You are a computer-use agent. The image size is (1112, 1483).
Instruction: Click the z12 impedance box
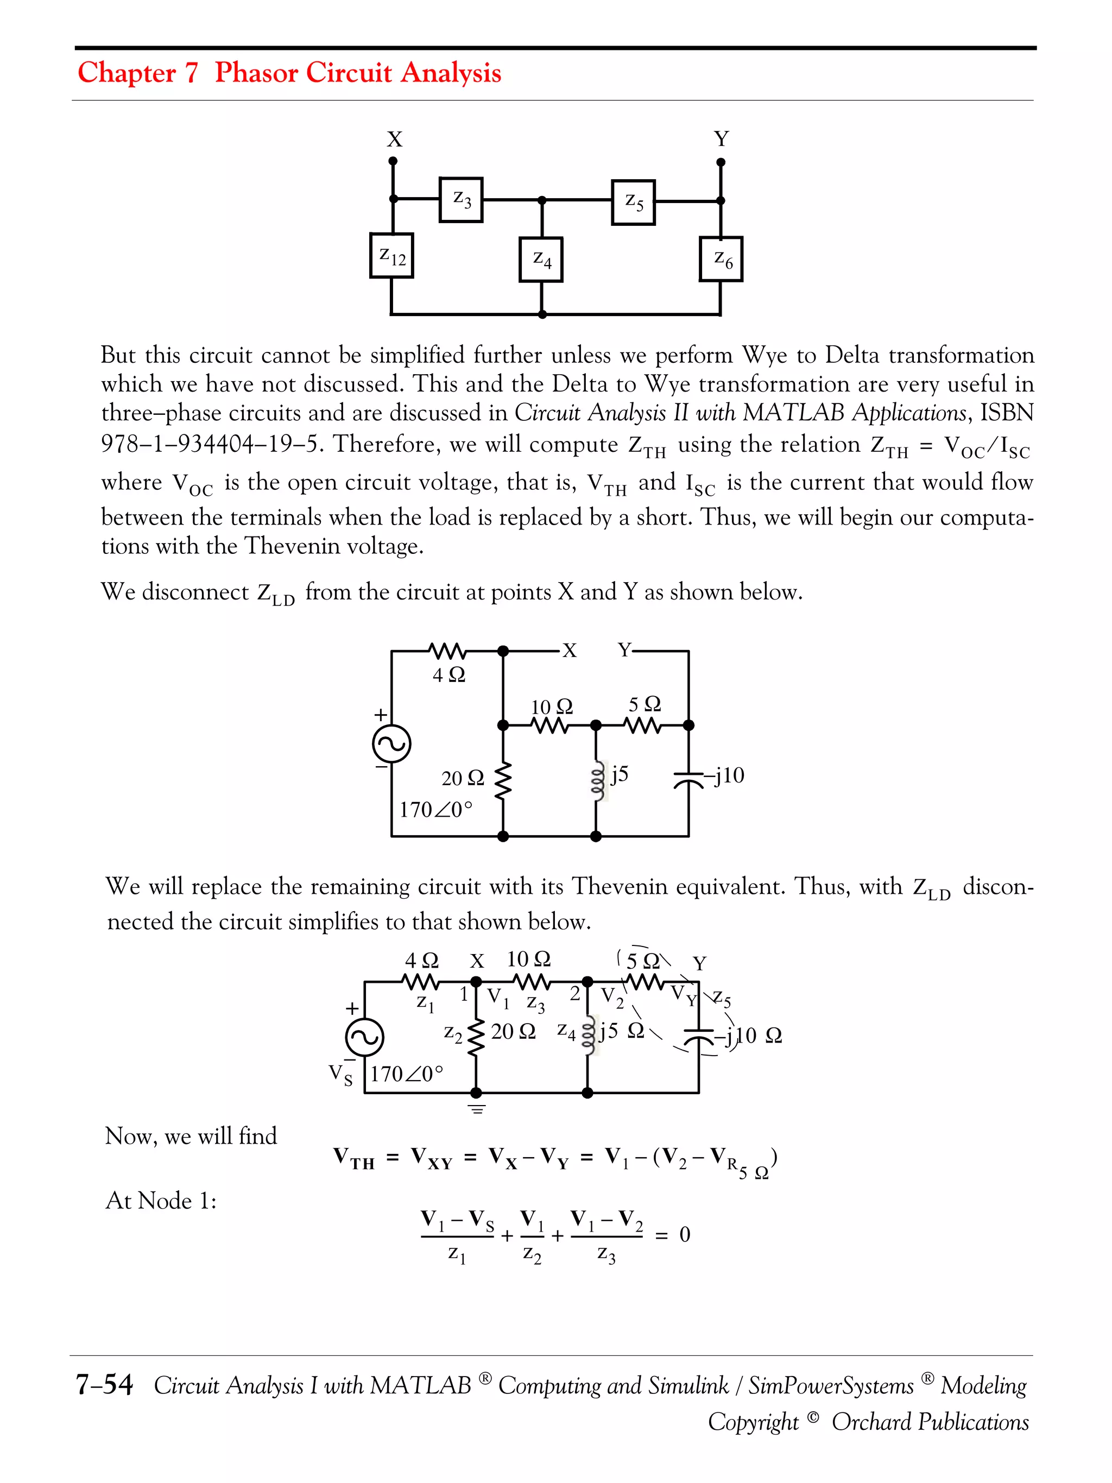pos(391,255)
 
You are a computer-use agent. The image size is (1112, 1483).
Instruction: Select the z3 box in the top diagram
pos(461,199)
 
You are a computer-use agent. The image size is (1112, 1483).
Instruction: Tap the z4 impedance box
pos(541,260)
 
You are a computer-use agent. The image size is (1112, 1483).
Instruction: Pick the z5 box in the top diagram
pos(634,202)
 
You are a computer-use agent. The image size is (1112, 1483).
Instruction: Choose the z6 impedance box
pos(721,259)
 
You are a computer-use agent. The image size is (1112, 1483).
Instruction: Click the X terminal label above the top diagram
pos(394,140)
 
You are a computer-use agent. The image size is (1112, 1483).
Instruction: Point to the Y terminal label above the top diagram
pos(721,140)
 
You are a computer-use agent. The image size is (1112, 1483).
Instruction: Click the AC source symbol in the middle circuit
pos(391,743)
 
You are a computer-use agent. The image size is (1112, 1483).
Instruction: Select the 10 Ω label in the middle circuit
pos(552,706)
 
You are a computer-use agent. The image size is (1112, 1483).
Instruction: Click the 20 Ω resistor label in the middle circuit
pos(463,778)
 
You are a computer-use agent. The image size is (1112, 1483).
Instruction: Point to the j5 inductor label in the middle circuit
pos(620,774)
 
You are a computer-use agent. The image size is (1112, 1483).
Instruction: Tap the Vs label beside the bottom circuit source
pos(340,1074)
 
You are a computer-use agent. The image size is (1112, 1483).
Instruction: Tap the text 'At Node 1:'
pos(161,1200)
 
